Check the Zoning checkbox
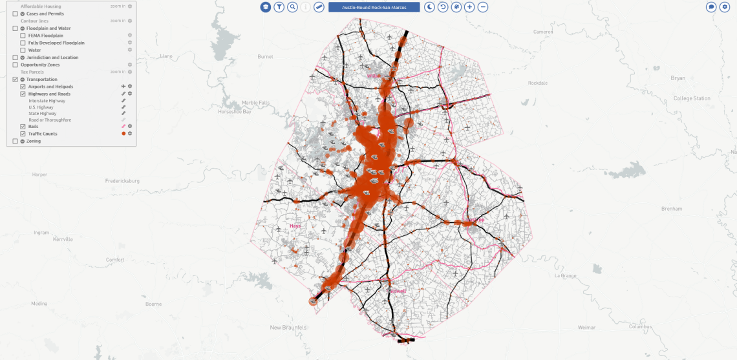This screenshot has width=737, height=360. point(16,141)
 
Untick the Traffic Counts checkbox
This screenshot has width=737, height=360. point(23,134)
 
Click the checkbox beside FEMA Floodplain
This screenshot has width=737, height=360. point(23,36)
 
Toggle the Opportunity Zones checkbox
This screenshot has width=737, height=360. point(16,65)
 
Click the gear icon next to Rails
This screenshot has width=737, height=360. point(130,127)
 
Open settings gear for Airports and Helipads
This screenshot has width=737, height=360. point(130,87)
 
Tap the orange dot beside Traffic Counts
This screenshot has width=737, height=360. point(123,134)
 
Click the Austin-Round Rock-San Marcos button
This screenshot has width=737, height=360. point(374,7)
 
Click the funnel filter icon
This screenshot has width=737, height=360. point(279,7)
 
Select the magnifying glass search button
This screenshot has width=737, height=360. point(293,7)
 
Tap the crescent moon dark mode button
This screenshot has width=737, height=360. point(430,7)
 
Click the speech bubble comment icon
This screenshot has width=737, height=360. point(711,7)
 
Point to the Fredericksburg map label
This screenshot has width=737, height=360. point(122,181)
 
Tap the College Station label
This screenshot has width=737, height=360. point(692,98)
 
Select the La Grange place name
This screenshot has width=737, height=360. point(565,275)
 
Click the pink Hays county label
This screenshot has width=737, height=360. point(295,226)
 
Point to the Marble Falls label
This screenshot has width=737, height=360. point(255,102)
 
